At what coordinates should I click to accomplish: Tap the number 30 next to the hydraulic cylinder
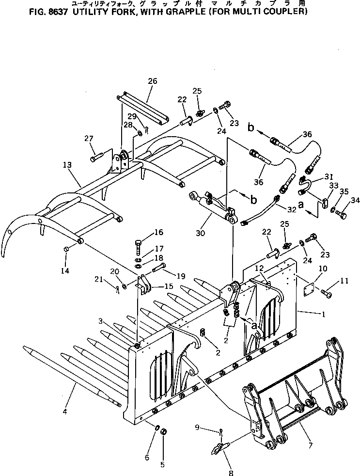(x=200, y=233)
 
